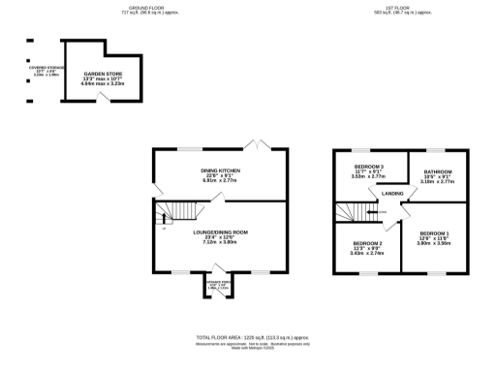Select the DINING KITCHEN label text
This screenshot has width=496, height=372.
[219, 170]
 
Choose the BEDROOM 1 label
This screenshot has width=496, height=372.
[434, 234]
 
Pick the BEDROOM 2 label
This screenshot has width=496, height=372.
[367, 243]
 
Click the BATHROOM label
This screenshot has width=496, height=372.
[438, 171]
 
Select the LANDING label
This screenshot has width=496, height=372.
[392, 194]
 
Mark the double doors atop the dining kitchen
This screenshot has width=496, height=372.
[257, 145]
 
